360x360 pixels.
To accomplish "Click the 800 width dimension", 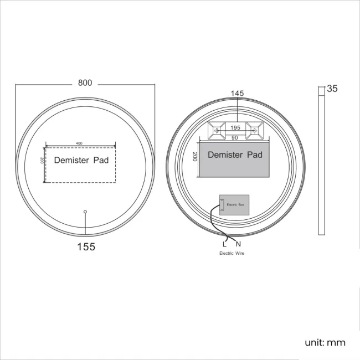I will coord(85,83).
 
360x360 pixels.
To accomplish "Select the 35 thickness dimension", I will coord(332,89).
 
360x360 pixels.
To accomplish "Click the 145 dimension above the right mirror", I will coord(237,94).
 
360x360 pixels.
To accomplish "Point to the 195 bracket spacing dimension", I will coord(235,128).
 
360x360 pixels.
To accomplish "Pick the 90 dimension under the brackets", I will coord(235,137).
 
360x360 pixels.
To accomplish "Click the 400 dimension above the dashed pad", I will coord(79,143).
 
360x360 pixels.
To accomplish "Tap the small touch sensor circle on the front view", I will coord(85,211).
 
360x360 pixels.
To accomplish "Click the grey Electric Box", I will coord(234,205).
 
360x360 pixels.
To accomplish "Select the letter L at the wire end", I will coord(224,244).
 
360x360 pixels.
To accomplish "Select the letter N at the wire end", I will coord(238,244).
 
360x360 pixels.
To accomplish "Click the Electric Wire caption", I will coord(231,253).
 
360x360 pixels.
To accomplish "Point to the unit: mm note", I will coord(325,342).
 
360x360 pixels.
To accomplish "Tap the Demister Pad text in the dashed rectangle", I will coord(81,161).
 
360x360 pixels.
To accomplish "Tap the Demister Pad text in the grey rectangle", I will coord(235,155).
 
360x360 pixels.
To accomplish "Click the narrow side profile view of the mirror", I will coord(321,160).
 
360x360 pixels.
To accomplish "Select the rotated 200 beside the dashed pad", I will coord(42,160).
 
